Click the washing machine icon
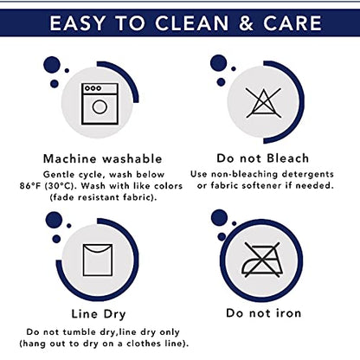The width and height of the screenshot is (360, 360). point(100,104)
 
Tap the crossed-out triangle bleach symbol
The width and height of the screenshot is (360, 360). point(263,103)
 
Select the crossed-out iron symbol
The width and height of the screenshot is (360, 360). point(262,260)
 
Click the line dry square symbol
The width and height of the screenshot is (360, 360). point(98,260)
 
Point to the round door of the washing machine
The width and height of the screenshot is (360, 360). point(100,107)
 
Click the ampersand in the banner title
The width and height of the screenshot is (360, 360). point(246,22)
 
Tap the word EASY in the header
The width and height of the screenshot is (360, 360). point(78,22)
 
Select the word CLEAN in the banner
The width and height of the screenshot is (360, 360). point(191,22)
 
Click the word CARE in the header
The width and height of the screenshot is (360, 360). point(292,22)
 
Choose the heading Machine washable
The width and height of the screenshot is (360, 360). point(102,158)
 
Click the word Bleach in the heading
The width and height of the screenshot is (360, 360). point(287,158)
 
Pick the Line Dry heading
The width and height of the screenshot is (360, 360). point(99,314)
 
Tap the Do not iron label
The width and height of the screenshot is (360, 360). point(263,313)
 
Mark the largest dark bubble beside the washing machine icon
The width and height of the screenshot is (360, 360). point(52,65)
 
